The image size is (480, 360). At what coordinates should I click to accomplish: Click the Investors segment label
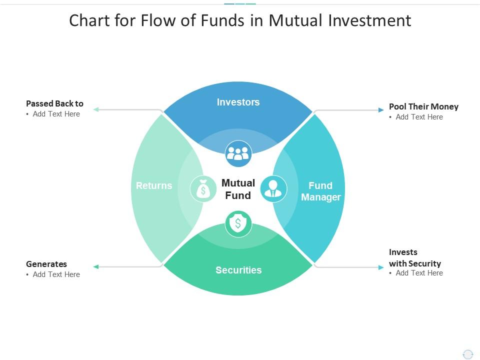[238, 102]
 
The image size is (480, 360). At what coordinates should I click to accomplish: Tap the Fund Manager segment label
[321, 191]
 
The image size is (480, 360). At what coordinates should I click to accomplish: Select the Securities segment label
[238, 270]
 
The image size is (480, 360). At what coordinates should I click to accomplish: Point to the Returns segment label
[154, 185]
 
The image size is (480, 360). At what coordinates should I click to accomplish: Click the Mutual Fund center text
[238, 189]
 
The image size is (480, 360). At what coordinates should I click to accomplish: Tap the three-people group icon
[238, 153]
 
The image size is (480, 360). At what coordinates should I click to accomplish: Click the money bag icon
[203, 189]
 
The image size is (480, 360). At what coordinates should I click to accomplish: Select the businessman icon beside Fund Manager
[273, 189]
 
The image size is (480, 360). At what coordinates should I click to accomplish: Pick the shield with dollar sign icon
[238, 224]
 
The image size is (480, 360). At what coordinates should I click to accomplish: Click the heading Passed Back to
[55, 104]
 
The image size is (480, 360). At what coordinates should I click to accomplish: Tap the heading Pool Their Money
[423, 106]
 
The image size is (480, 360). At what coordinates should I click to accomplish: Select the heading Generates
[46, 264]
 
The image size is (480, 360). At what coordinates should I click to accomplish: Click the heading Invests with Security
[415, 258]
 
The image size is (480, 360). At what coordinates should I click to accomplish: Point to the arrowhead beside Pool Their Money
[381, 110]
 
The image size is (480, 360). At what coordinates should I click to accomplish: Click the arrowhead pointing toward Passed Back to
[96, 109]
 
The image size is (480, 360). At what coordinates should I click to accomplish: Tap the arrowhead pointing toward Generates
[96, 267]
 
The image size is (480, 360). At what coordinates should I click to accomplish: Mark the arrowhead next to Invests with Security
[381, 267]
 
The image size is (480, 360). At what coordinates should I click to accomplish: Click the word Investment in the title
[370, 20]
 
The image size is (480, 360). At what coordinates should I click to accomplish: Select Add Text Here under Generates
[56, 274]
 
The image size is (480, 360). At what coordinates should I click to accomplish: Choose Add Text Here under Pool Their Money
[419, 117]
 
